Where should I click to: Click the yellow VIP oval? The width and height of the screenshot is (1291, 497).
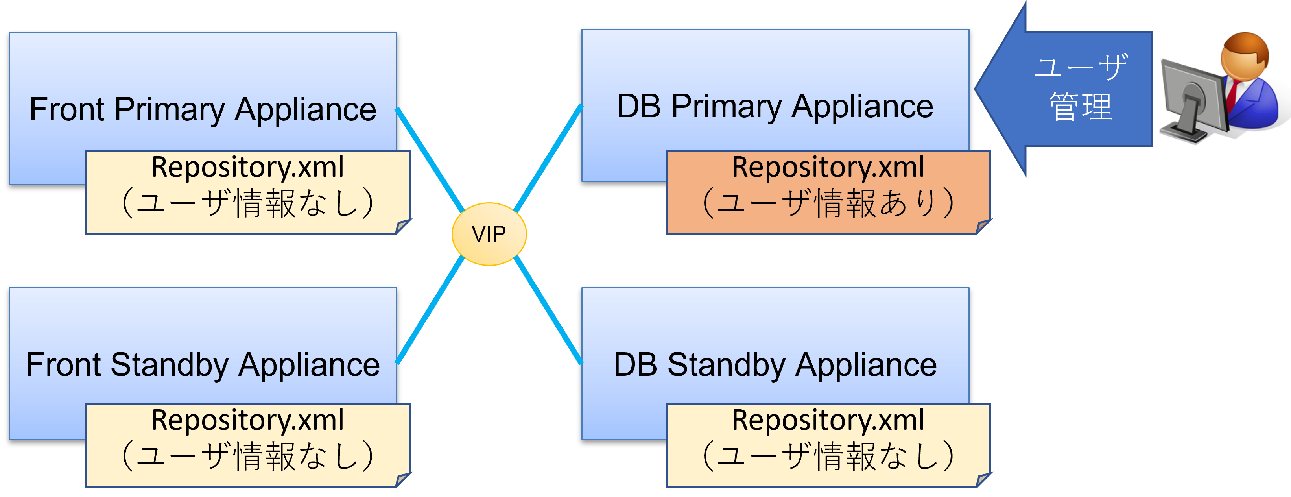pos(489,234)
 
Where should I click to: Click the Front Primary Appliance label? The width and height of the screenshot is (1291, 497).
pos(203,109)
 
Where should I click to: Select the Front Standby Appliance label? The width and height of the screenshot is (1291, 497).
pos(203,365)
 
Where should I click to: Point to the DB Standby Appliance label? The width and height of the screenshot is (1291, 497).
pos(775,365)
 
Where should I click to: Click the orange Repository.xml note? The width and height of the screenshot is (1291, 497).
pos(828,192)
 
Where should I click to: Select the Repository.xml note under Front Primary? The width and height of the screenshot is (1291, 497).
pos(248,192)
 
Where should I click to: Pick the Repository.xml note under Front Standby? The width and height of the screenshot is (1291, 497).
pos(248,445)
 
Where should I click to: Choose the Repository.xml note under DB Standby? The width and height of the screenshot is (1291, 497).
pos(828,445)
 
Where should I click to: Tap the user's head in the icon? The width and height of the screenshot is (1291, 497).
pos(1245,56)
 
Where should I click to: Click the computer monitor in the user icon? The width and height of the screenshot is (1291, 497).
pos(1193,100)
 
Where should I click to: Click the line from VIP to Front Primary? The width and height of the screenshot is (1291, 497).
pos(430,159)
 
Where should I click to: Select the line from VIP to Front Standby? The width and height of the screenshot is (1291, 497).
pos(430,309)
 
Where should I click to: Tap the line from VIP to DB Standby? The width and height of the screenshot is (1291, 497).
pos(548,310)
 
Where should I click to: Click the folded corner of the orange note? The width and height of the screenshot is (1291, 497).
pos(983,227)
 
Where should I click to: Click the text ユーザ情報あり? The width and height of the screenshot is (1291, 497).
pos(828,203)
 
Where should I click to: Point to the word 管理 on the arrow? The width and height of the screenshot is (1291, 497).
pos(1081,107)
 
